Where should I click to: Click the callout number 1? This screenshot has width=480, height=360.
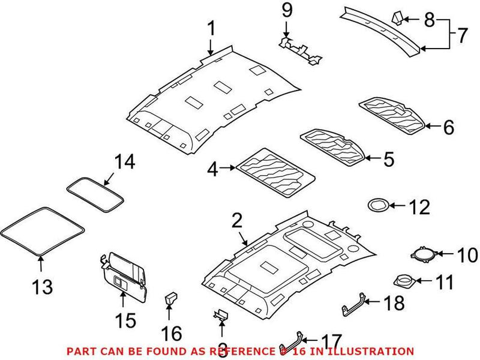tap(211, 28)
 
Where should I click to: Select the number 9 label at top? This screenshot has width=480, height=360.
tap(286, 10)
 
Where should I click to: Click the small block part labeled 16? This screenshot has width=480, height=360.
tap(170, 299)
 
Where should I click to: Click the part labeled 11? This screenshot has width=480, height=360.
tap(403, 280)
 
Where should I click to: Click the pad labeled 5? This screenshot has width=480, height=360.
tap(332, 144)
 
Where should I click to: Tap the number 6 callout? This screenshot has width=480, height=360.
tap(448, 127)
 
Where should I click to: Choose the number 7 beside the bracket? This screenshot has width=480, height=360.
tap(461, 36)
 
